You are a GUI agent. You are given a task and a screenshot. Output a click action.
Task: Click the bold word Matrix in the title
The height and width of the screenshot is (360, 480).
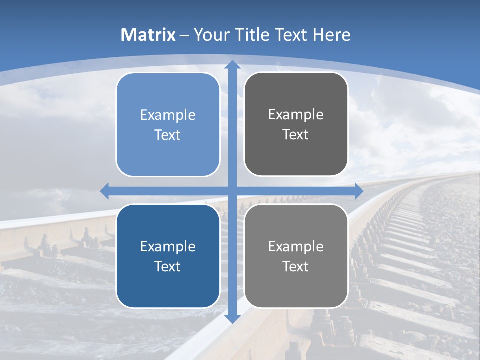pyautogui.click(x=148, y=35)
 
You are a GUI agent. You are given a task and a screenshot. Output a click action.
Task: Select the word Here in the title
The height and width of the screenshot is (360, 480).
pyautogui.click(x=332, y=35)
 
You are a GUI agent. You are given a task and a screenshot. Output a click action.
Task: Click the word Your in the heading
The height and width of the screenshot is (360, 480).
pyautogui.click(x=210, y=35)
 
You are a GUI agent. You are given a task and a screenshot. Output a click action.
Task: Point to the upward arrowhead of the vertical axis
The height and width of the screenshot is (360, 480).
pyautogui.click(x=232, y=64)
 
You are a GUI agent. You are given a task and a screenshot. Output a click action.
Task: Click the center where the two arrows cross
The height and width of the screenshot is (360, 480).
pyautogui.click(x=232, y=191)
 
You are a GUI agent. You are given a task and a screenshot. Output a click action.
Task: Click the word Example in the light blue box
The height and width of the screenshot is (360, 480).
pyautogui.click(x=168, y=115)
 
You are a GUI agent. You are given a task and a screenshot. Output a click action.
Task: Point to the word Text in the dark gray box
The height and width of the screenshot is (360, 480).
pyautogui.click(x=296, y=135)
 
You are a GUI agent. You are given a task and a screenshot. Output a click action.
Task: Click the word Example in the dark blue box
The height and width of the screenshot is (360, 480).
pyautogui.click(x=168, y=247)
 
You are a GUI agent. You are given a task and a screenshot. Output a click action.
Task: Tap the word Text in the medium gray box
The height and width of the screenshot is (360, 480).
pyautogui.click(x=296, y=267)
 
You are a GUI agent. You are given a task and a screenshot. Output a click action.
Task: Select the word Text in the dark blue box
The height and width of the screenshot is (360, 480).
pyautogui.click(x=168, y=267)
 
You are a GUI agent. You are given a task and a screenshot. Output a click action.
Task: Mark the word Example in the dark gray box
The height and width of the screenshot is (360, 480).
pyautogui.click(x=296, y=115)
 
